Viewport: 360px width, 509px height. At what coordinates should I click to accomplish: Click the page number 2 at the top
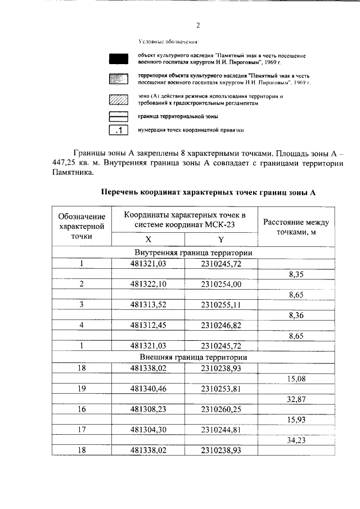(x=198, y=25)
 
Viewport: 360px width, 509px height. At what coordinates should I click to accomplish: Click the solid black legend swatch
(x=119, y=59)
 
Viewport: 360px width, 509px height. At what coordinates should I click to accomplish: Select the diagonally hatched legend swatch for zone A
(x=119, y=100)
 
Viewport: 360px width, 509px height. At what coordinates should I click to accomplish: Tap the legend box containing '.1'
(x=119, y=130)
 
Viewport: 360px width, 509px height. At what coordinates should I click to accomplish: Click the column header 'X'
(x=148, y=238)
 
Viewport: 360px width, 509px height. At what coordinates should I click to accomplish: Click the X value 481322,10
(x=148, y=284)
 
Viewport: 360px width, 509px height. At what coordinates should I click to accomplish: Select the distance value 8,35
(x=296, y=274)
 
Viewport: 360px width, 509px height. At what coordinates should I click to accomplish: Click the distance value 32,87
(x=296, y=399)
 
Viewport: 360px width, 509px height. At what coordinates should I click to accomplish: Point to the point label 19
(x=82, y=388)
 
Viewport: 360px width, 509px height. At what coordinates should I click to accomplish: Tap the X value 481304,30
(x=148, y=430)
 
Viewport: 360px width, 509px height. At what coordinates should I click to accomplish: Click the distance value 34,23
(x=296, y=440)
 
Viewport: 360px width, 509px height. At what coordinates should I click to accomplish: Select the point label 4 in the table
(x=82, y=326)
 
